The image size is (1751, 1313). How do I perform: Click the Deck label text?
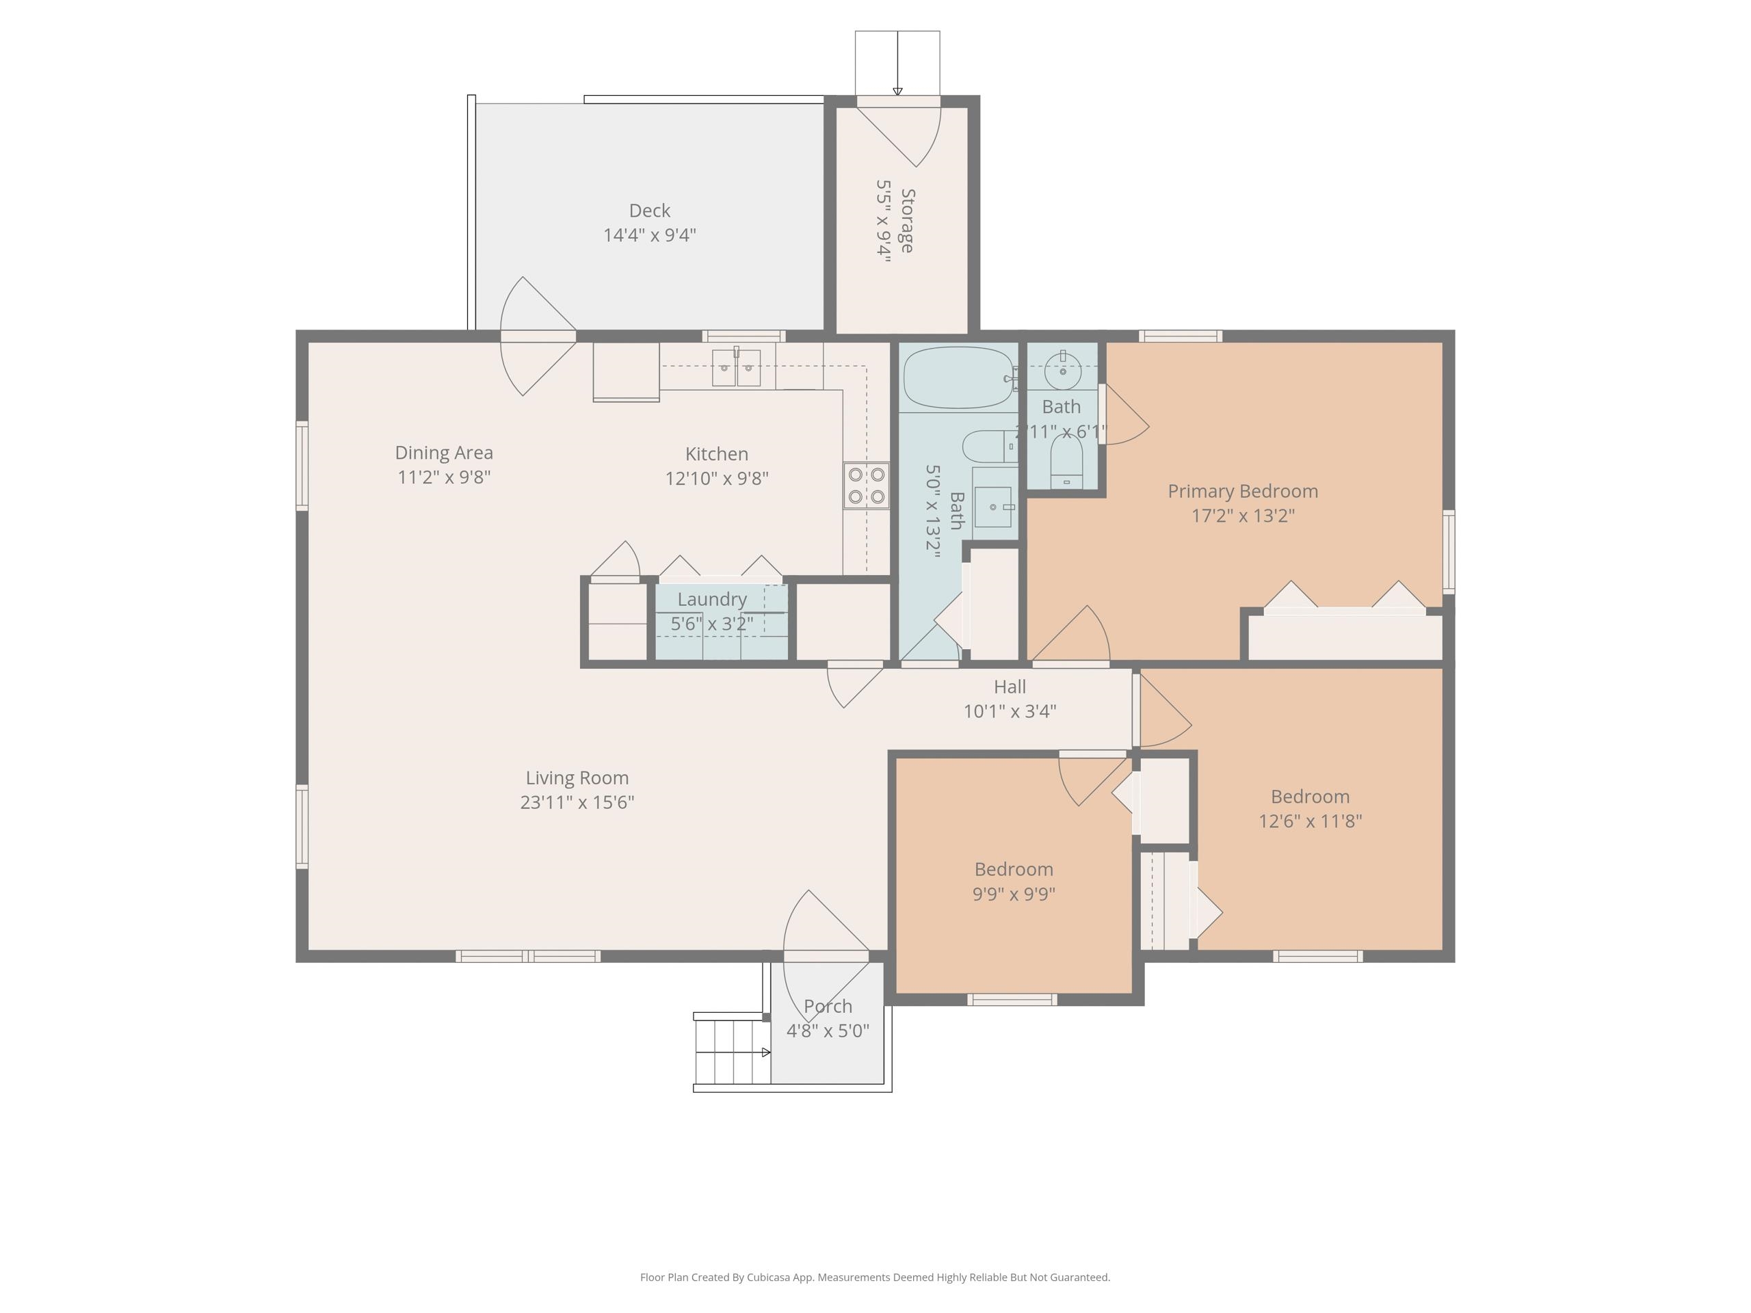649,211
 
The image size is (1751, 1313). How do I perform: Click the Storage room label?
907,221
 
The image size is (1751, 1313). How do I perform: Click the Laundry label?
711,599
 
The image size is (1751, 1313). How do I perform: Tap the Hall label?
1010,687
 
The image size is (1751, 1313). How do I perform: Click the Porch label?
828,1006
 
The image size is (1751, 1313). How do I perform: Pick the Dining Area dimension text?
444,477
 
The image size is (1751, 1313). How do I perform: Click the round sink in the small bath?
1062,371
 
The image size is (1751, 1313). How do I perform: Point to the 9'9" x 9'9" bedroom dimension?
1014,894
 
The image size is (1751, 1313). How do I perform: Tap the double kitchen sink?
736,368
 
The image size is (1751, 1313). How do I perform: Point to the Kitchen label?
716,454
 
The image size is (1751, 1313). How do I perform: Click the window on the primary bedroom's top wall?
1181,336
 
